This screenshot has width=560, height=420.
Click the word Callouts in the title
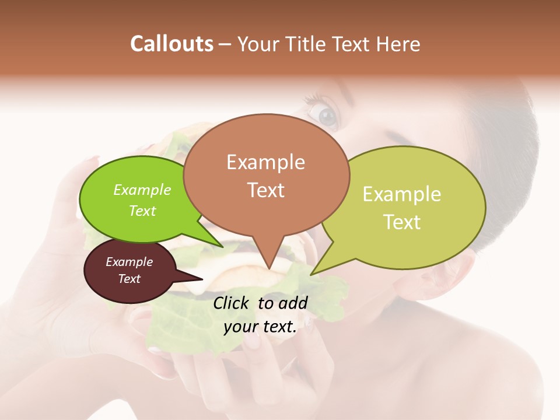(x=171, y=44)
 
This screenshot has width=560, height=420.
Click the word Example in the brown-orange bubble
(x=265, y=162)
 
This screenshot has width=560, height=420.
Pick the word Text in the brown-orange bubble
(x=265, y=190)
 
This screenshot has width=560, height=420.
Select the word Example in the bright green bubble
(x=142, y=190)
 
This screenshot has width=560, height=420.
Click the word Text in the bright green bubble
(x=142, y=211)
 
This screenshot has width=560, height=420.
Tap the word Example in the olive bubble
(x=402, y=194)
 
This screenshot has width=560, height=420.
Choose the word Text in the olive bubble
(x=402, y=222)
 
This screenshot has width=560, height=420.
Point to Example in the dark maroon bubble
(x=129, y=262)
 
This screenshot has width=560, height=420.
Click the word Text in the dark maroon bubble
(x=129, y=279)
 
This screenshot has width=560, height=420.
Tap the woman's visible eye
(x=327, y=116)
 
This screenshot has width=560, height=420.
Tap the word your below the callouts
(x=240, y=327)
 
